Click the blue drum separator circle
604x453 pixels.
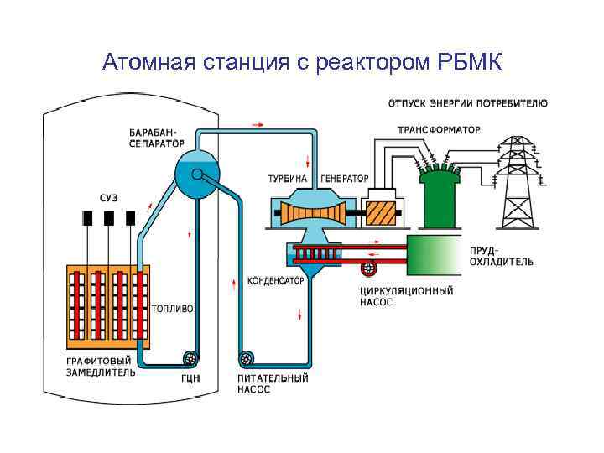(195, 174)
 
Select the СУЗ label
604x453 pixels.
(108, 197)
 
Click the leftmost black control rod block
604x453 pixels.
(87, 218)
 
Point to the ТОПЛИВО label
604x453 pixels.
(172, 309)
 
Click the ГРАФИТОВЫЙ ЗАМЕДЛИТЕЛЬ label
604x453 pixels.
(101, 366)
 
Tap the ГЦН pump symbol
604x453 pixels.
(191, 357)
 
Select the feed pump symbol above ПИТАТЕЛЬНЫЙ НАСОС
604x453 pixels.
(247, 358)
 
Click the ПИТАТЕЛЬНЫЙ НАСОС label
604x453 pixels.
(272, 383)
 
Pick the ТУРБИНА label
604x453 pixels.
(287, 179)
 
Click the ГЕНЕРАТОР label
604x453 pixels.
(345, 179)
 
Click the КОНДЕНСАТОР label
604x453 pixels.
(275, 281)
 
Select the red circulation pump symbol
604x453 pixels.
(367, 268)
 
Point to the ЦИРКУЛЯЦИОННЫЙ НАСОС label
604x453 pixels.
(406, 296)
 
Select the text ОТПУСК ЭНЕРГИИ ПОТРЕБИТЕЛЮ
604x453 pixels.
(468, 104)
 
